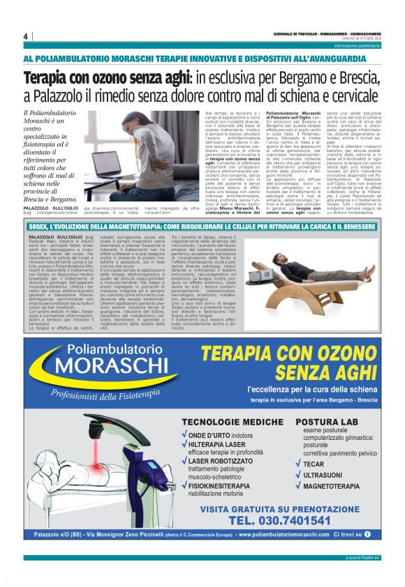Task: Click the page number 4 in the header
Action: [x=25, y=37]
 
